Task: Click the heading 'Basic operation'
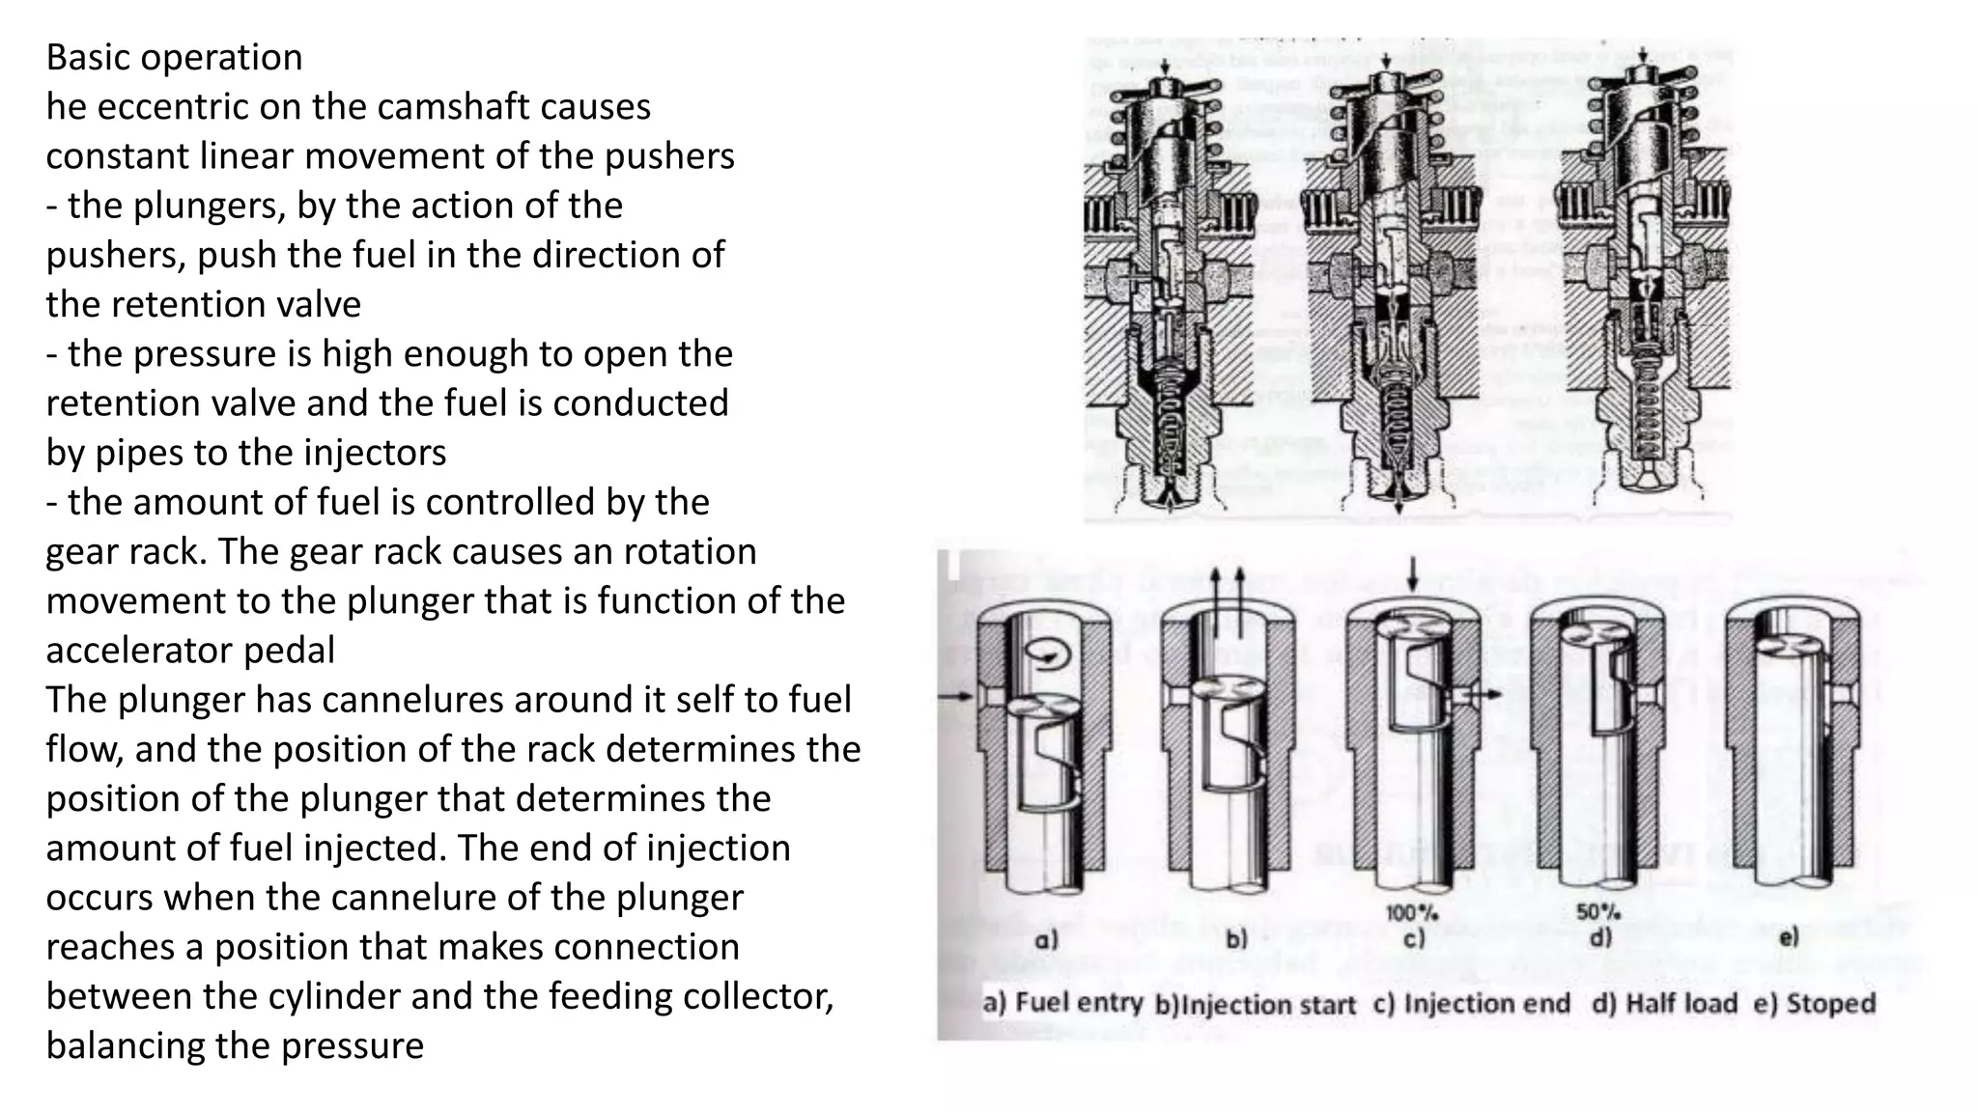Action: pyautogui.click(x=174, y=58)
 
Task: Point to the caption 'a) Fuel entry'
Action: pyautogui.click(x=1062, y=1003)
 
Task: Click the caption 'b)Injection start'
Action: pyautogui.click(x=1256, y=1005)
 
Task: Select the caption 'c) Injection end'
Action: pyautogui.click(x=1472, y=1004)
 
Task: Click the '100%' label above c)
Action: pyautogui.click(x=1412, y=912)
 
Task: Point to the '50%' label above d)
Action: pyautogui.click(x=1598, y=911)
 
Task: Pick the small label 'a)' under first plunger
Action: pyautogui.click(x=1046, y=939)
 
